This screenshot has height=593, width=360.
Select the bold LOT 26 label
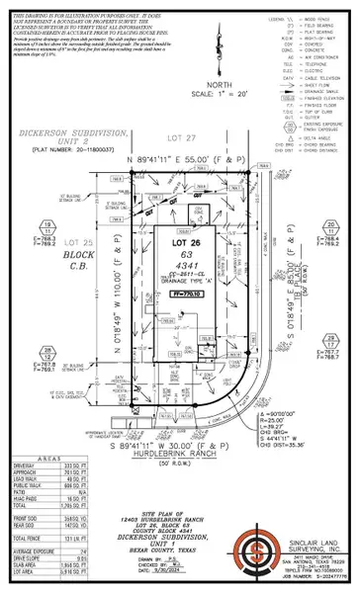point(179,242)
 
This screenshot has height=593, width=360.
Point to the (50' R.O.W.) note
point(180,451)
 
